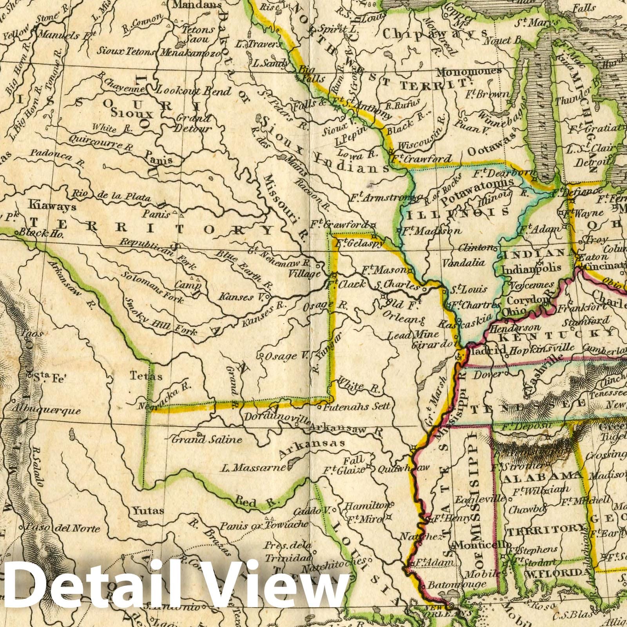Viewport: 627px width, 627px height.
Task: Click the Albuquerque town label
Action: pos(46,411)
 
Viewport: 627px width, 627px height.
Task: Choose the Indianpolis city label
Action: pos(531,269)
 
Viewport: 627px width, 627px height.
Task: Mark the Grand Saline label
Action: pos(207,440)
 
